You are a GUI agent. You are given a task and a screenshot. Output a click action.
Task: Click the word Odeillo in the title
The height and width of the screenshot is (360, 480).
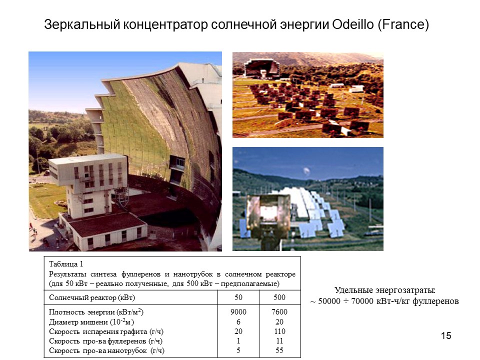352,24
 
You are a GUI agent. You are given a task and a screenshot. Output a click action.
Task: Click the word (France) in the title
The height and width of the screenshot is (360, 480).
403,25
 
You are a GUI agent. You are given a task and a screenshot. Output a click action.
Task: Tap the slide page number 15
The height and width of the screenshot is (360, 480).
446,336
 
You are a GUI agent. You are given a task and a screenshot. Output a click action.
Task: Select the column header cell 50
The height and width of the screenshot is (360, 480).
238,297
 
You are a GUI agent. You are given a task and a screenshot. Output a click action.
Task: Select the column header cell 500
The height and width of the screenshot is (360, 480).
279,297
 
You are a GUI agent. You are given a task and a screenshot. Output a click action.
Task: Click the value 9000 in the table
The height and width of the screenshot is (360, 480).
238,312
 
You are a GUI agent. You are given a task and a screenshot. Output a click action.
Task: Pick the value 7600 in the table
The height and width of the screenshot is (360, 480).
279,312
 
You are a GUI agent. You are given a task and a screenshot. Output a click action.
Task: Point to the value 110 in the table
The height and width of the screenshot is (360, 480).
279,331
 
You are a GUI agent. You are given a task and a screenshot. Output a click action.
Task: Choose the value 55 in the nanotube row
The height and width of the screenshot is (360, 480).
279,350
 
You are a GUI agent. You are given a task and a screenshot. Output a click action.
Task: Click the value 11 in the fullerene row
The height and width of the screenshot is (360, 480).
279,341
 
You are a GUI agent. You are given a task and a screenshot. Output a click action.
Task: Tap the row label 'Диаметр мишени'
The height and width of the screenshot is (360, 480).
75,322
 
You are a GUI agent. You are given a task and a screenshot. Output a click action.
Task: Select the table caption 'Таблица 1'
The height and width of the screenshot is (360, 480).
66,264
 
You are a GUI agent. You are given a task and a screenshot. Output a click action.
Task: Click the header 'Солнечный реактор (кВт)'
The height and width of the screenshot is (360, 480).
92,297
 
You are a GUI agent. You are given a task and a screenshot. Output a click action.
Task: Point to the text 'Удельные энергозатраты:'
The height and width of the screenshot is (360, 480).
385,290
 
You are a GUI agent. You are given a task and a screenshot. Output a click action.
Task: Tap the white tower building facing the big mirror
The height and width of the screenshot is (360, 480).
89,183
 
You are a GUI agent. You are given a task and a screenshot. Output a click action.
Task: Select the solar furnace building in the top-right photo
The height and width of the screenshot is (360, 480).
261,68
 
